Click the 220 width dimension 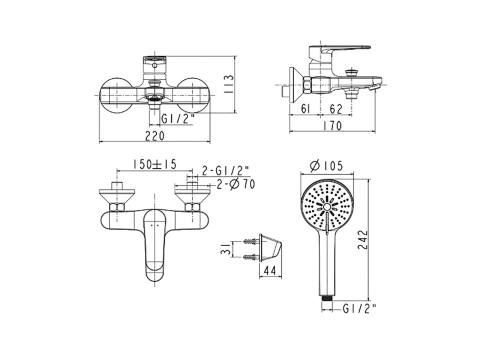(x=155, y=136)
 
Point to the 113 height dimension (x=229, y=85)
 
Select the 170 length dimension (x=332, y=126)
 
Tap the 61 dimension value (x=305, y=109)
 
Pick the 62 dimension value (x=336, y=109)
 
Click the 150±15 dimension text (x=154, y=164)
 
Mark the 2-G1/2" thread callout (x=225, y=171)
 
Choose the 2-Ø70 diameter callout (x=235, y=184)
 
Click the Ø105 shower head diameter (x=326, y=166)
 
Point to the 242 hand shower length (x=362, y=239)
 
